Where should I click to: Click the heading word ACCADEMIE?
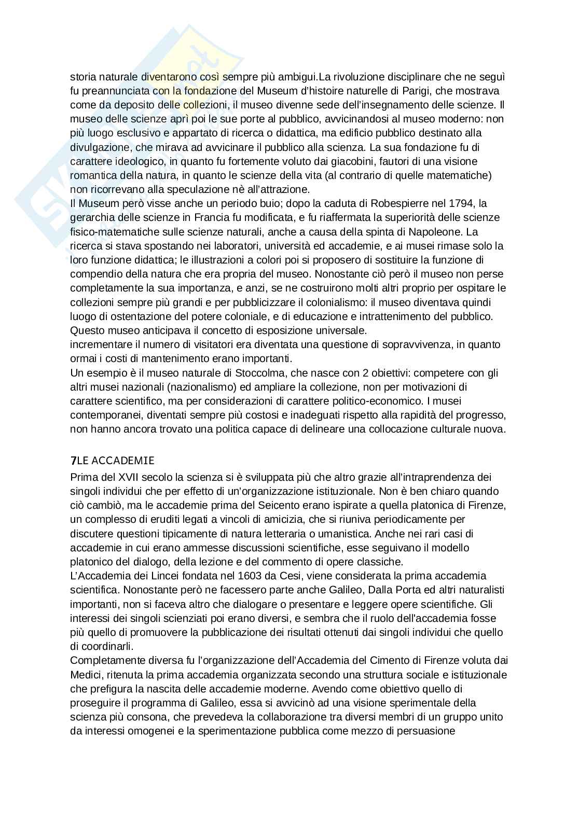(x=122, y=460)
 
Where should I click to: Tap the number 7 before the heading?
(x=73, y=460)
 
